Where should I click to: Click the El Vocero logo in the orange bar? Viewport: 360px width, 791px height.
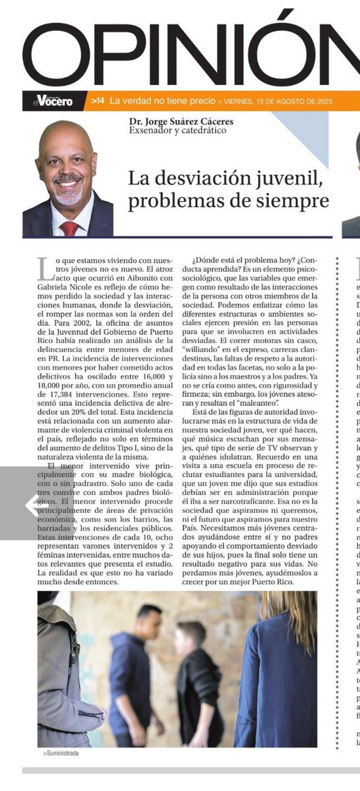(54, 101)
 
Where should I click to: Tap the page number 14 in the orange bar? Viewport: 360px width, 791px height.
(98, 101)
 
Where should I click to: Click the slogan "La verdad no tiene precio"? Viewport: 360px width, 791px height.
(162, 101)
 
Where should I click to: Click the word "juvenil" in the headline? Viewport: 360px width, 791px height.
(291, 177)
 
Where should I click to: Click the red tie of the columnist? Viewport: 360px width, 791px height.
(69, 228)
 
